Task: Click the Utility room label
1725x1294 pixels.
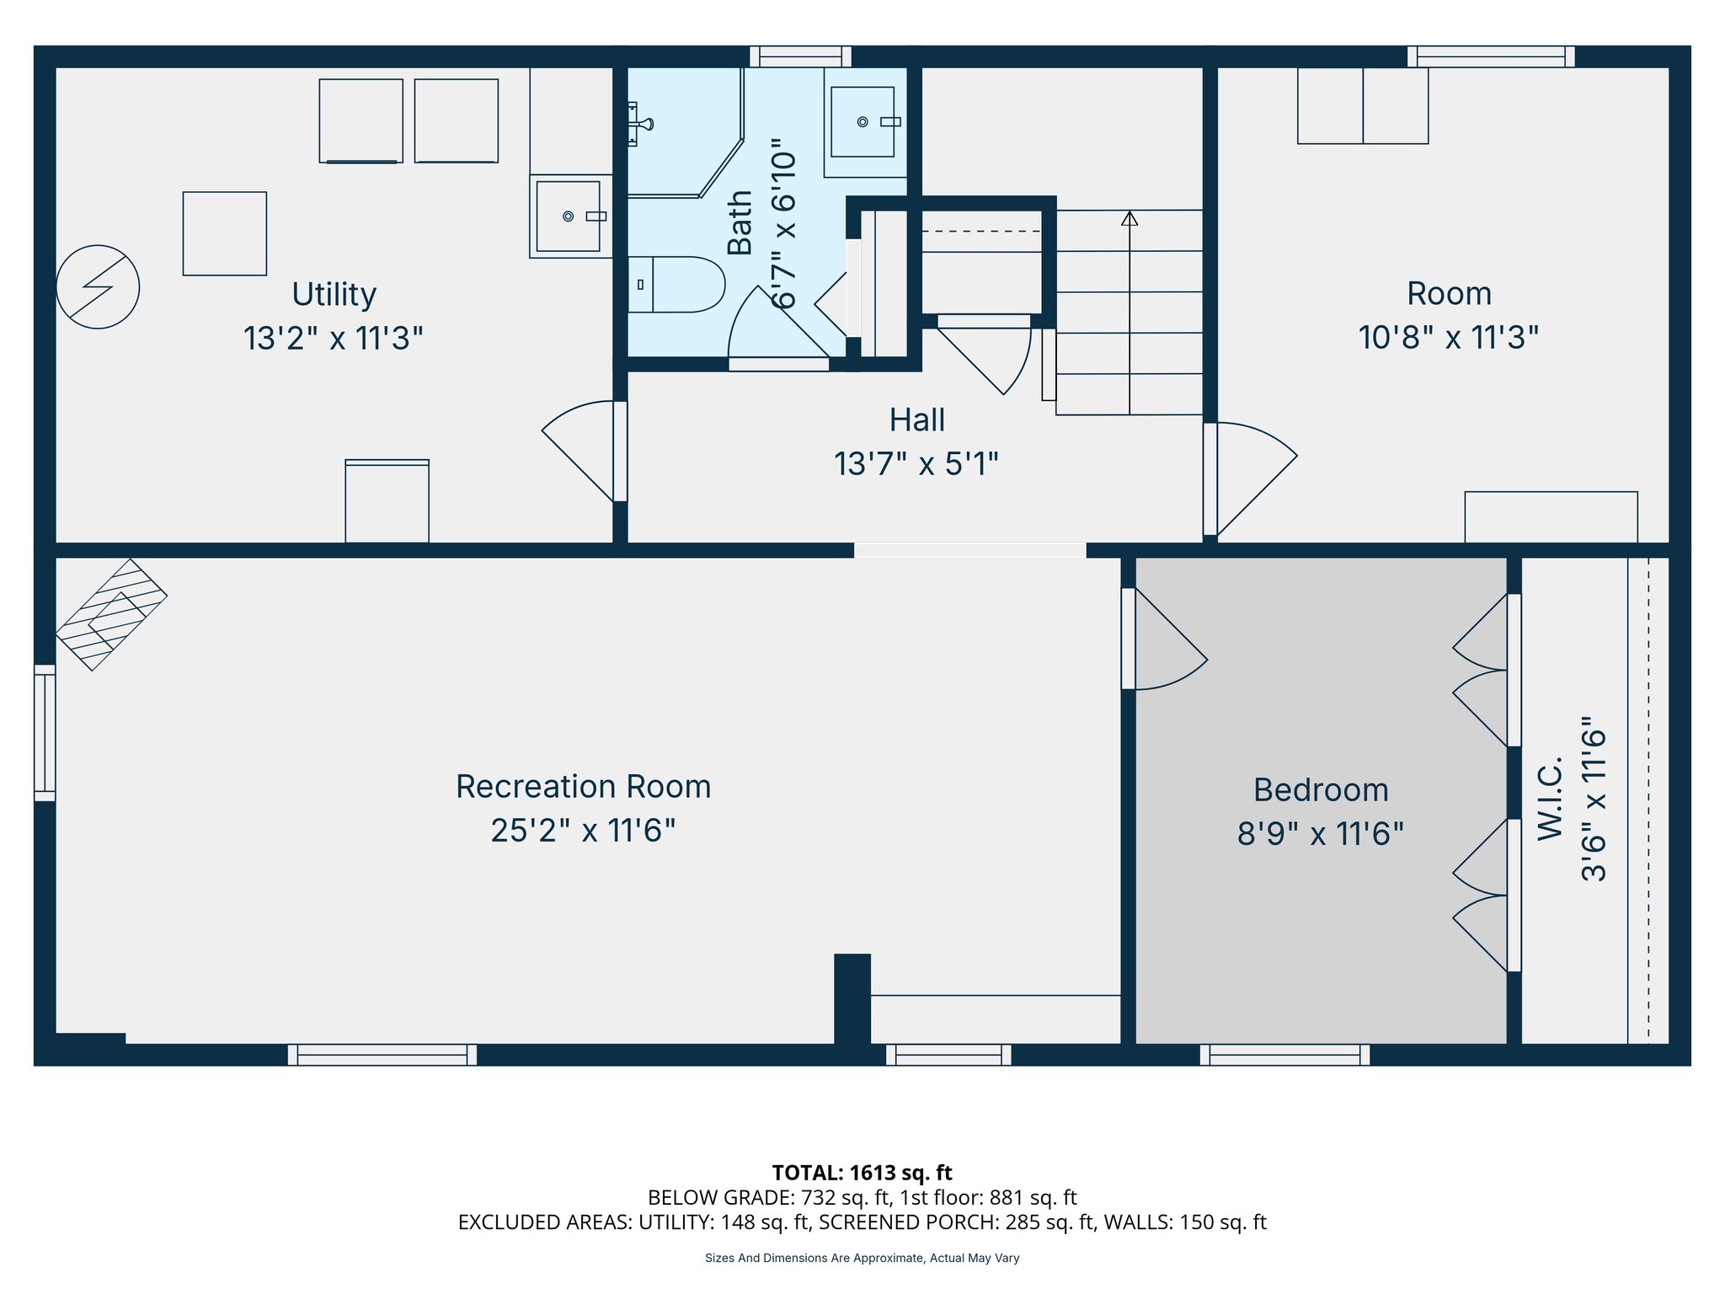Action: (x=334, y=294)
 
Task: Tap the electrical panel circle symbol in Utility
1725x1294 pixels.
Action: (x=98, y=286)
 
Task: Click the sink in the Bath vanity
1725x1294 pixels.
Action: (x=862, y=122)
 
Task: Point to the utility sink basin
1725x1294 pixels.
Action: (x=569, y=217)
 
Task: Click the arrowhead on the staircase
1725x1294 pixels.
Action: (x=1130, y=218)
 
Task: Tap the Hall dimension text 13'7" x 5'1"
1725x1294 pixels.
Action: (x=916, y=464)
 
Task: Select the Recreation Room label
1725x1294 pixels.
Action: (x=583, y=786)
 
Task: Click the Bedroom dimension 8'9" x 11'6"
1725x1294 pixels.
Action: (x=1320, y=834)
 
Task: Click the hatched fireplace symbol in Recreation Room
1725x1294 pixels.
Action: (x=111, y=614)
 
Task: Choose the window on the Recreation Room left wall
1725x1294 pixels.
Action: (x=45, y=732)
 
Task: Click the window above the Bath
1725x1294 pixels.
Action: (x=800, y=56)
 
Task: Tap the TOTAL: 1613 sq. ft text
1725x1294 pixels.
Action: (x=862, y=1172)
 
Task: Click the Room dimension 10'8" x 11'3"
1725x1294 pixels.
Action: (x=1448, y=338)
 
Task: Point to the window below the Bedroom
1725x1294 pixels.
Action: (x=1284, y=1055)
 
